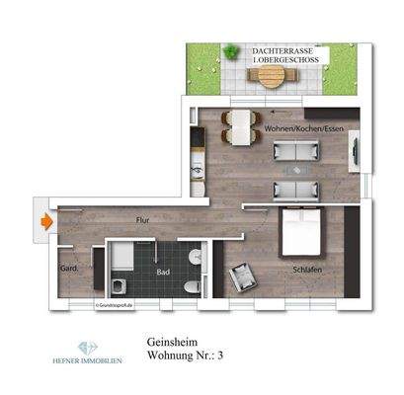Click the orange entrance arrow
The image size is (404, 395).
pyautogui.click(x=45, y=222)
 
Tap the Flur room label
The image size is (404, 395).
pyautogui.click(x=143, y=221)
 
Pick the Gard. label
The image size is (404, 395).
pyautogui.click(x=70, y=268)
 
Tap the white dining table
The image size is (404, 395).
pyautogui.click(x=237, y=125)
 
